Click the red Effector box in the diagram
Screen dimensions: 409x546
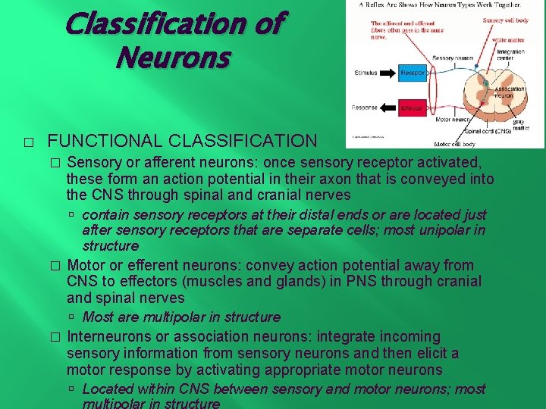412,108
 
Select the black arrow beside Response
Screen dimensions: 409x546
388,108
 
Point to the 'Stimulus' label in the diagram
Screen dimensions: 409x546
366,73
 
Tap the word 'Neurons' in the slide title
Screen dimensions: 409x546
173,57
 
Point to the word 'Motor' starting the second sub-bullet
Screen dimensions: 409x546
85,265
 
